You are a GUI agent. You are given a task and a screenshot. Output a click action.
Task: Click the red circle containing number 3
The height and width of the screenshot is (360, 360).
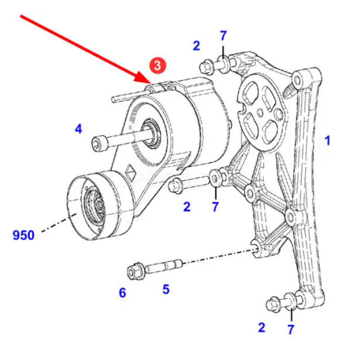157,65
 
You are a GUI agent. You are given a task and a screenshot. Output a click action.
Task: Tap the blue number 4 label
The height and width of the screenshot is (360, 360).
79,130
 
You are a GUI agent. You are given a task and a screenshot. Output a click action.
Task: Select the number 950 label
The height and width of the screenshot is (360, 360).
23,235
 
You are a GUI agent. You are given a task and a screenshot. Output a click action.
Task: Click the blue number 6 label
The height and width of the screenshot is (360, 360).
122,293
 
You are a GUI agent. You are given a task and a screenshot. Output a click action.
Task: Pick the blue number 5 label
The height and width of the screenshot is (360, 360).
166,289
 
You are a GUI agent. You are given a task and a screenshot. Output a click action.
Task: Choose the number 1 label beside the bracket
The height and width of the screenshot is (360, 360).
328,141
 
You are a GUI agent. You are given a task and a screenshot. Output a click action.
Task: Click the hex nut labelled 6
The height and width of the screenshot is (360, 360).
133,271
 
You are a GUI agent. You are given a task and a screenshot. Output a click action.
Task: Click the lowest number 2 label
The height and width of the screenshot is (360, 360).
261,328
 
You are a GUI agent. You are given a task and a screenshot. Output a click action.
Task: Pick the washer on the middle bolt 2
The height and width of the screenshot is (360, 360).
215,177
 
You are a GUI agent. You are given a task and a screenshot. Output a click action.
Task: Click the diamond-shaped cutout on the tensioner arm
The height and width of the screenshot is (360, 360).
130,171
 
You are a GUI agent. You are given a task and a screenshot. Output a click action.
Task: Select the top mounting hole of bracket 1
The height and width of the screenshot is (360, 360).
297,80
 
